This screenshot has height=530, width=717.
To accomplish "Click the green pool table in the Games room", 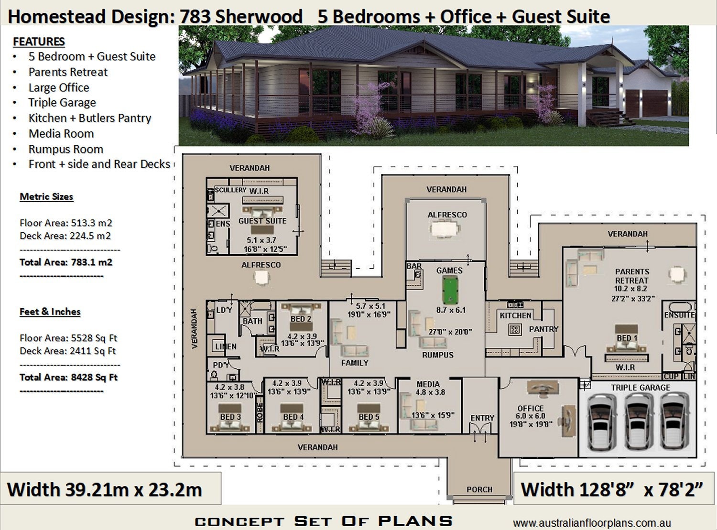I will pos(449,291).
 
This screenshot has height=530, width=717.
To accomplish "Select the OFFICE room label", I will pos(530,409).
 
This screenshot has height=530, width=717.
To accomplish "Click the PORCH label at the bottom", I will pos(479,489).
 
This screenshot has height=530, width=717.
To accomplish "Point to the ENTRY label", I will pos(482,418).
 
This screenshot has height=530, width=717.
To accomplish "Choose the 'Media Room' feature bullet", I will pos(61,134).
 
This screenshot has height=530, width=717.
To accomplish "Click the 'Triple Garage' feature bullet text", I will pos(62,103).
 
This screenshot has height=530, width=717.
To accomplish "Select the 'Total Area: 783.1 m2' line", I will pos(65,262).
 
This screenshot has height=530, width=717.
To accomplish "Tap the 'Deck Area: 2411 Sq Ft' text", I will pos(67,351).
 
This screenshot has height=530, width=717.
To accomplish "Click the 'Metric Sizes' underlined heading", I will pos(46,196).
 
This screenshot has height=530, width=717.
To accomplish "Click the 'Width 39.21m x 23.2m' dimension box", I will pos(105,490).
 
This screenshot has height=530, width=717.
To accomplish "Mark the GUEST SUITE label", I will pos(262,221).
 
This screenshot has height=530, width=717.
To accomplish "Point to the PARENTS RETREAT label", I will pos(631,276).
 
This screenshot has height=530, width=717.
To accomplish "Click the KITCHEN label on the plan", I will pos(515,315).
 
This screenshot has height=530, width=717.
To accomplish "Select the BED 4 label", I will pos(293,417).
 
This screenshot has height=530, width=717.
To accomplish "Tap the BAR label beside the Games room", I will pos(414,266).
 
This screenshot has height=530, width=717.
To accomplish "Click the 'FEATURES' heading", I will pos(39,42).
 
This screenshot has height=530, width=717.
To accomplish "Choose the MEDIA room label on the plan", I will pos(428,384).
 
